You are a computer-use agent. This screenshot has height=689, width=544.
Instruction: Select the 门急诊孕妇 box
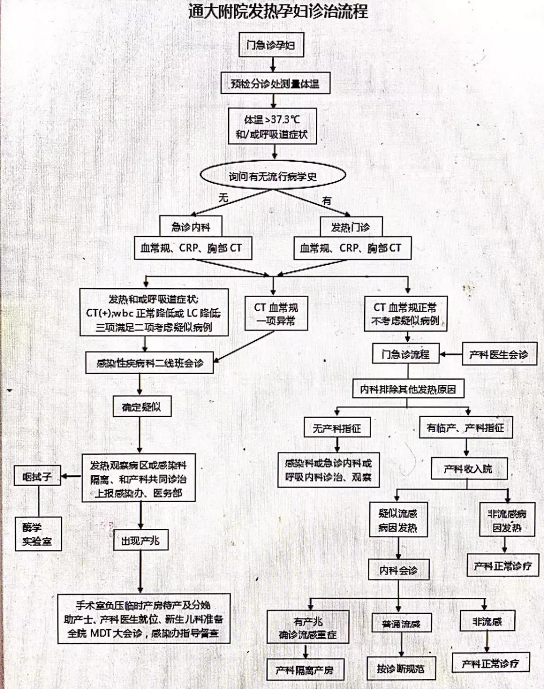pos(271,45)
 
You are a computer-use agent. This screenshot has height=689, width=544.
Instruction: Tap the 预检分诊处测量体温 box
pos(275,84)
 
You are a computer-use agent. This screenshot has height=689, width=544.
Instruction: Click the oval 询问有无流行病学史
pos(273,176)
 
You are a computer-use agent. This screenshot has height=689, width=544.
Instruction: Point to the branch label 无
pos(223,198)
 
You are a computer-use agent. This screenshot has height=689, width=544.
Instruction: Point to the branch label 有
pos(327,200)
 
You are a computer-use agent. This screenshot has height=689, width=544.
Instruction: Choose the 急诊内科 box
pos(190,227)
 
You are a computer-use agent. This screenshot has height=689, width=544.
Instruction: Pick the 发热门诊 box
pos(351,227)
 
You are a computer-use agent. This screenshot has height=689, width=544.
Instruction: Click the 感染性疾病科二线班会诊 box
pos(150,363)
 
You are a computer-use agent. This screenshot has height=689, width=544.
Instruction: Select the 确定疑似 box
pos(142,407)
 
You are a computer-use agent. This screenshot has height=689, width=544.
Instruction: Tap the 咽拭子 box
pos(37,476)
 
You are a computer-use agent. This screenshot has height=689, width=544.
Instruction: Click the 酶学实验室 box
pos(38,534)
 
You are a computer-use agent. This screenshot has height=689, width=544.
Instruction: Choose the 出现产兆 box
pos(140,541)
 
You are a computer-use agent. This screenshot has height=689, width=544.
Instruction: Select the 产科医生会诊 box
pos(499,355)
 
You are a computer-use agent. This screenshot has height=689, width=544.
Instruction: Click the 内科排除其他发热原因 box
pos(407,389)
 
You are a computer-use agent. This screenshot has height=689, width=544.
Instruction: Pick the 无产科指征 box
pos(337,428)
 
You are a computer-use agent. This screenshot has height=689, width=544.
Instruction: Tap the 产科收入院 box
pos(468,469)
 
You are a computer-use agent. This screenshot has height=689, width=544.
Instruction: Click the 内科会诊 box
pos(398,570)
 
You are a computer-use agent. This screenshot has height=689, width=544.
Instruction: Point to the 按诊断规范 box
pos(400,669)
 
